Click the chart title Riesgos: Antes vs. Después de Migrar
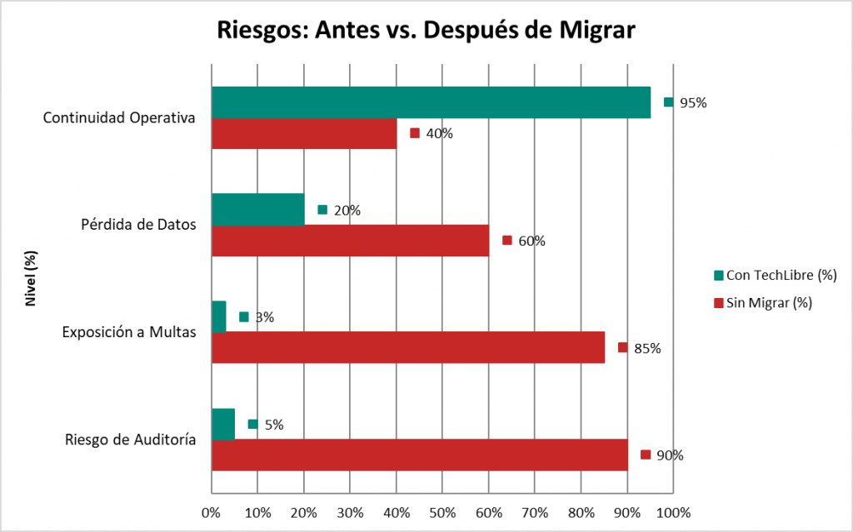426,31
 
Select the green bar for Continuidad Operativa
431,102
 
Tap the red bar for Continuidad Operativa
304,133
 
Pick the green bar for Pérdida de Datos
258,210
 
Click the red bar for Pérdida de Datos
350,241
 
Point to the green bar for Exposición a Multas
219,316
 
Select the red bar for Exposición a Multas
408,347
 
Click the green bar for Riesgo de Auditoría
223,424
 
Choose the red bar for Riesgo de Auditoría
420,455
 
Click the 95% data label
693,103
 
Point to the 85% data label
647,348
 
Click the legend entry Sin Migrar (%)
768,303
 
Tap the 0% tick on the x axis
212,512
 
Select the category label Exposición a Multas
129,332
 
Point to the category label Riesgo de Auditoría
131,440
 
